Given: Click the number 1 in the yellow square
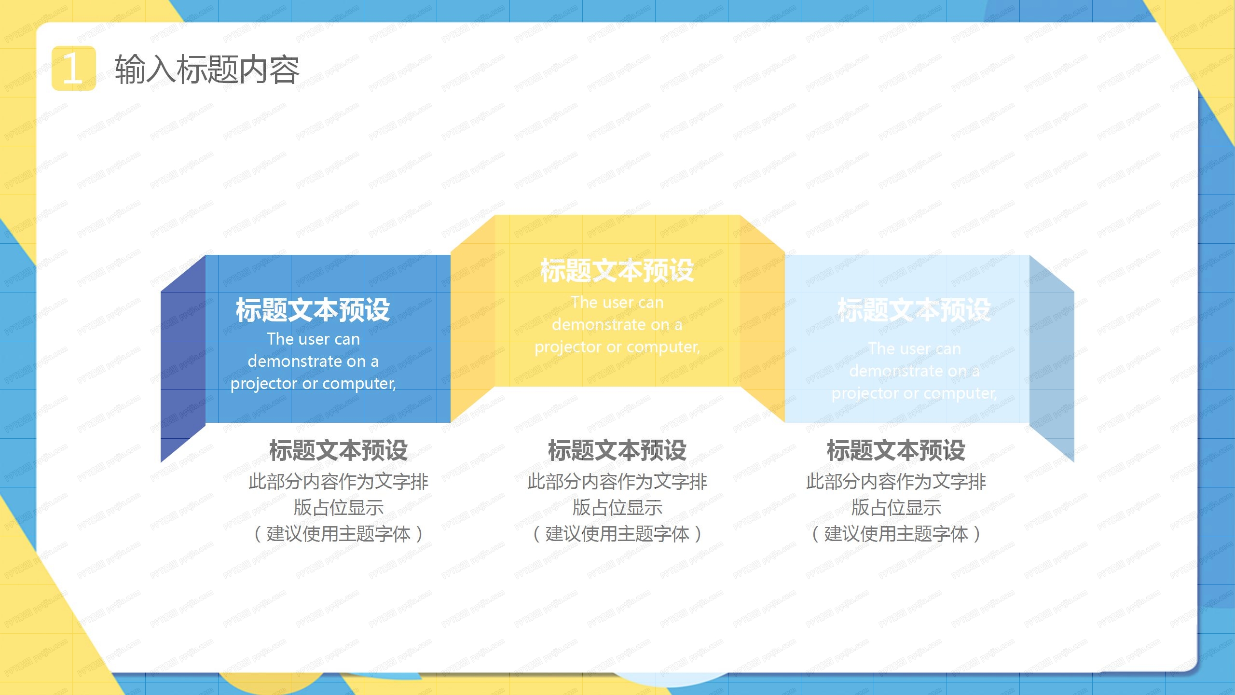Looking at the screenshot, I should pyautogui.click(x=73, y=69).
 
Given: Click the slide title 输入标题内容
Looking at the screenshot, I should pyautogui.click(x=207, y=69).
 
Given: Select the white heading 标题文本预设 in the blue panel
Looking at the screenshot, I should pyautogui.click(x=313, y=310).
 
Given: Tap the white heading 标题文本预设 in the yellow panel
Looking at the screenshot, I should pyautogui.click(x=617, y=270).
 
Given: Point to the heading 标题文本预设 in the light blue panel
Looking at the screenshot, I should pyautogui.click(x=914, y=310).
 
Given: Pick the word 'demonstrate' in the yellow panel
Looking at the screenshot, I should pyautogui.click(x=599, y=325).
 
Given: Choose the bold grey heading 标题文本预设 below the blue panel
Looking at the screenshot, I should pyautogui.click(x=338, y=450).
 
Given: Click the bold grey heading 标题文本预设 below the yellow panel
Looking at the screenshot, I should pyautogui.click(x=617, y=450).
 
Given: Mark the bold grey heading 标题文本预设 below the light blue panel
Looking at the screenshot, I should pyautogui.click(x=896, y=450).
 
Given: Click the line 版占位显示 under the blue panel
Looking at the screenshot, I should pyautogui.click(x=338, y=507).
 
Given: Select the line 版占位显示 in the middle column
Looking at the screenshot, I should pyautogui.click(x=617, y=507).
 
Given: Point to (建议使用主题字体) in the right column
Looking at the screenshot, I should pyautogui.click(x=896, y=534).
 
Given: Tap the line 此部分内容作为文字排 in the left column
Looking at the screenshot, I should pyautogui.click(x=338, y=481).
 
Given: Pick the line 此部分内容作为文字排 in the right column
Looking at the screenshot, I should pyautogui.click(x=896, y=481).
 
